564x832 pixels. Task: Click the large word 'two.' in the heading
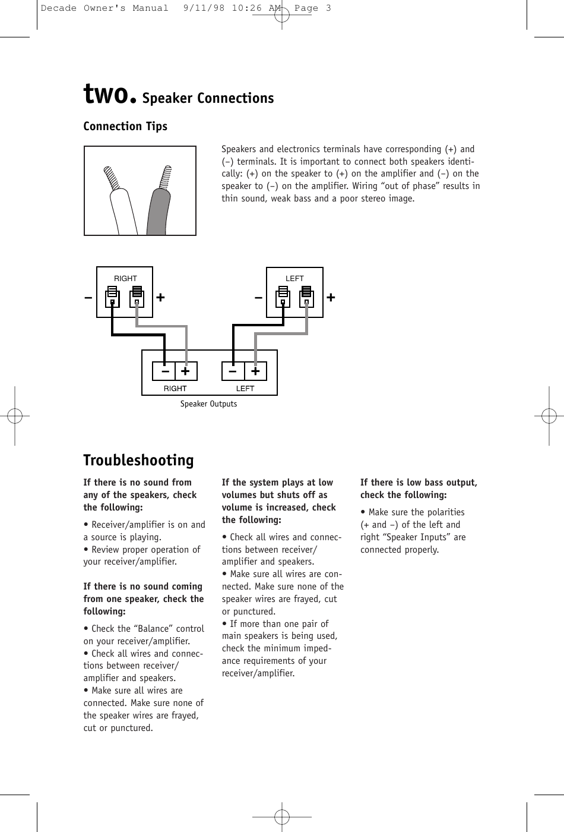[110, 95]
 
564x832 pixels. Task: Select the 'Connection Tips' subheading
[125, 127]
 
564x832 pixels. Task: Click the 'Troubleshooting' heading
[138, 461]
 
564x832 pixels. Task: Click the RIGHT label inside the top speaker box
[125, 279]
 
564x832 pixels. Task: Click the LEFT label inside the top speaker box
[294, 279]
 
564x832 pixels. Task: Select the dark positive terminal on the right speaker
[137, 297]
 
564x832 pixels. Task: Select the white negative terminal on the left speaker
[283, 297]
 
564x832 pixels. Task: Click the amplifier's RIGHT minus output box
[164, 371]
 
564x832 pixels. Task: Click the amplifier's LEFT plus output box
[255, 371]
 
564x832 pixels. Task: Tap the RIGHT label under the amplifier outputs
[175, 389]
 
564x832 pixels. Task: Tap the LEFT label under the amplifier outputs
[245, 389]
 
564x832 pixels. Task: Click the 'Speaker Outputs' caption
[208, 404]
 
